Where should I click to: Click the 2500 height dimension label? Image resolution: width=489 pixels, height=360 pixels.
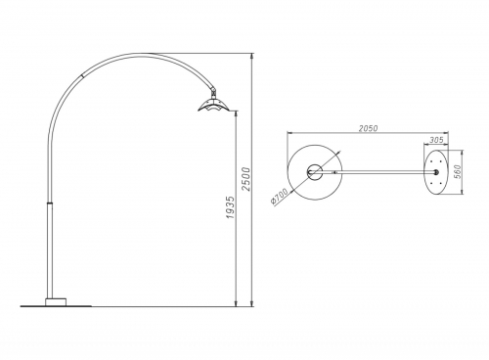point(246,179)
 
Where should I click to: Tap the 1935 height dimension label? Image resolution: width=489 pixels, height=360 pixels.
point(230,207)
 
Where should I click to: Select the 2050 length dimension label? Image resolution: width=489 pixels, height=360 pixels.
point(368,128)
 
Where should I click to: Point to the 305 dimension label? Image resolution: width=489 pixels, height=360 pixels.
point(436,140)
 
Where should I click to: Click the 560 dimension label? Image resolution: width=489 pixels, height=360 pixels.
point(458,171)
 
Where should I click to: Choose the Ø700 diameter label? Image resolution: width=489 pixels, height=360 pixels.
point(280,197)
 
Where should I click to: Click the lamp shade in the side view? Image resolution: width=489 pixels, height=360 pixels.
point(214,106)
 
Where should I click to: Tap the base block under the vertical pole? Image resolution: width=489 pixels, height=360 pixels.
point(56,302)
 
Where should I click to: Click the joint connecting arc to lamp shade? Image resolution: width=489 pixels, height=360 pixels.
point(213,93)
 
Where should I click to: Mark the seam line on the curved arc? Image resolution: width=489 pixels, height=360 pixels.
point(81,75)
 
